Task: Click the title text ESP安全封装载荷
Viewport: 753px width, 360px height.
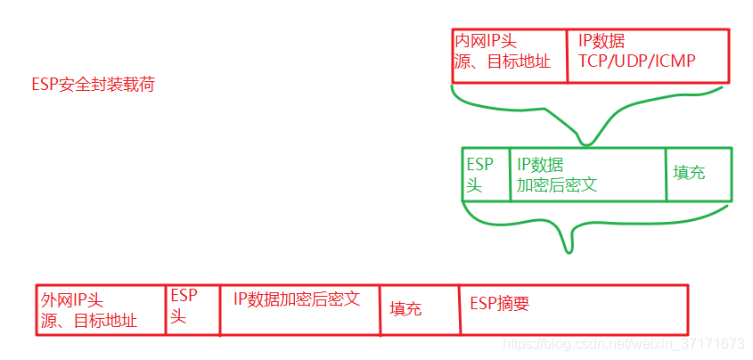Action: point(93,86)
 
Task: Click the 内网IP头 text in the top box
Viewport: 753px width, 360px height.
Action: point(486,41)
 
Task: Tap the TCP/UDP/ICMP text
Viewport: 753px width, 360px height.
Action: point(636,62)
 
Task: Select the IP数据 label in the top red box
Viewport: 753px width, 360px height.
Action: point(602,41)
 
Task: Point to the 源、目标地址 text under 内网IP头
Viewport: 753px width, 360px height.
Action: point(503,62)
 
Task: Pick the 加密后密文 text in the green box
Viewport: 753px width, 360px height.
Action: point(557,185)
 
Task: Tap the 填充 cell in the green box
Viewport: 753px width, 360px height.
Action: point(689,173)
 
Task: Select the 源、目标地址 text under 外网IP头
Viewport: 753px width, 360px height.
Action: point(89,320)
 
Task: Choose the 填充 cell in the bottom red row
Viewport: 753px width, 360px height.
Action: point(405,309)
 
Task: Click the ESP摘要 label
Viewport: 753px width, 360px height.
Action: point(499,304)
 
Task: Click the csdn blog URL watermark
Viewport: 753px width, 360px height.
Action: point(623,344)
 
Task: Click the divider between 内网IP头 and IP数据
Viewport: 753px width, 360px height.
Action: point(568,56)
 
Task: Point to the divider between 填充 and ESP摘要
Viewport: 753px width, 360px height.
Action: point(460,309)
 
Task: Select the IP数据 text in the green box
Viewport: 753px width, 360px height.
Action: point(540,165)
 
